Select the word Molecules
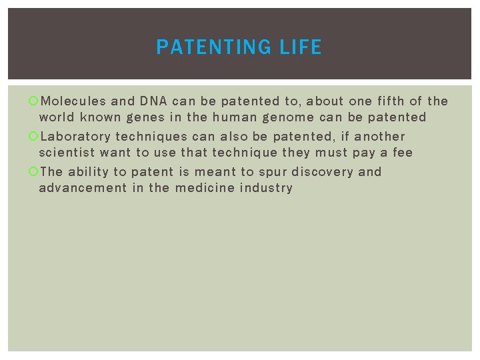coord(73,101)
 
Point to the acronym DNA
coord(153,101)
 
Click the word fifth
coord(387,101)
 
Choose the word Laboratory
coord(75,137)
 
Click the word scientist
coord(67,153)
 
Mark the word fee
coord(402,153)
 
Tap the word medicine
coord(205,188)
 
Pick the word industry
coord(267,188)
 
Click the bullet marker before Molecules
coord(34,102)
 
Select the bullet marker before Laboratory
coord(34,137)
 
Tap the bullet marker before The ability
coord(34,173)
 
